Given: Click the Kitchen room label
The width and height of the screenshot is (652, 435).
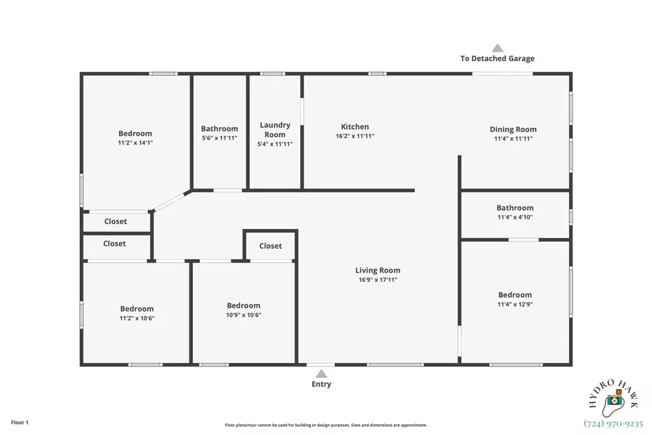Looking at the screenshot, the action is [x=355, y=126].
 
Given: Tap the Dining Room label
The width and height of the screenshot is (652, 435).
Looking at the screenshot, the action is [x=513, y=129].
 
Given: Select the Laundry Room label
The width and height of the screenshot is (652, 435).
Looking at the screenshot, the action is [x=275, y=129].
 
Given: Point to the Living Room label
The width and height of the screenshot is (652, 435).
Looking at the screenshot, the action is [x=378, y=271].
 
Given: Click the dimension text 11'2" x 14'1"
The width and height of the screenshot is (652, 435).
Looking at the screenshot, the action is [x=135, y=143].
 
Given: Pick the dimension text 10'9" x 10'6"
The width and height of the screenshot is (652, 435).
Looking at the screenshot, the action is [x=244, y=315].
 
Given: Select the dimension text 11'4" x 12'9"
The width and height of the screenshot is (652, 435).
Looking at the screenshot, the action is [x=515, y=304].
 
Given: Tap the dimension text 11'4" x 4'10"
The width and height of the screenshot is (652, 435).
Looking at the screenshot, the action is [x=515, y=217].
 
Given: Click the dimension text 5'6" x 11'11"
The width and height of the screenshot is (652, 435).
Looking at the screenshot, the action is [x=219, y=138].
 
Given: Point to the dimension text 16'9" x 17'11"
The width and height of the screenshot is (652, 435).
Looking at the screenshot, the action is [x=378, y=280].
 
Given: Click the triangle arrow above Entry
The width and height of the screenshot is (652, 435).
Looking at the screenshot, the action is [x=321, y=374].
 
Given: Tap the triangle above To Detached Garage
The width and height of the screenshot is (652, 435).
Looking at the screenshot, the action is [x=498, y=48].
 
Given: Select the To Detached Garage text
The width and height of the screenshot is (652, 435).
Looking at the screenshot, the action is [x=497, y=58].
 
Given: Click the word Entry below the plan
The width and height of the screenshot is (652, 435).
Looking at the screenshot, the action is [x=321, y=384].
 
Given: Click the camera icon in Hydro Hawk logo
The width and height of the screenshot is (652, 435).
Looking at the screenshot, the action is [x=614, y=399].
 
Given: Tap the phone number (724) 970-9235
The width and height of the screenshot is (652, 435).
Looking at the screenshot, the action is [x=613, y=423].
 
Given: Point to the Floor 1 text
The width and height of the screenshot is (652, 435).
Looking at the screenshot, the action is [x=20, y=423].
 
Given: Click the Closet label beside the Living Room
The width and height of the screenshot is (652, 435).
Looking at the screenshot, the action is [x=270, y=246].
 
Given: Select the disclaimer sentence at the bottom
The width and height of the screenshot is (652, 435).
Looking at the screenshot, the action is [x=326, y=425].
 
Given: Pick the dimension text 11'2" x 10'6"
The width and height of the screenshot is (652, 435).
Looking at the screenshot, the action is [x=137, y=319].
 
